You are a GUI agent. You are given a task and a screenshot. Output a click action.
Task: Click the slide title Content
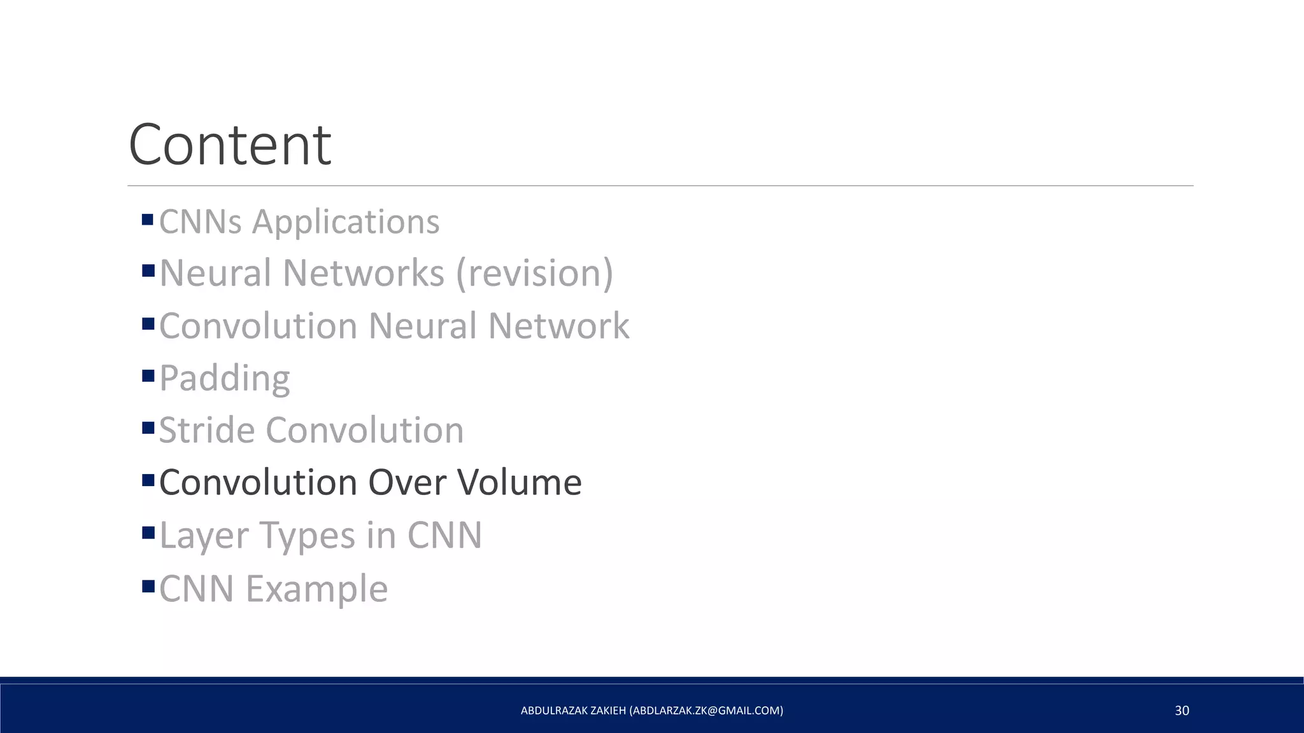click(x=229, y=145)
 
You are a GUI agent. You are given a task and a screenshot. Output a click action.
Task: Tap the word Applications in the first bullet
click(x=345, y=222)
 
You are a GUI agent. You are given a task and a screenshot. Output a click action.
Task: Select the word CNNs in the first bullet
click(x=201, y=222)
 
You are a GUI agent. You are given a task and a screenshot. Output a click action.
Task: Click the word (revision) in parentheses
click(x=534, y=274)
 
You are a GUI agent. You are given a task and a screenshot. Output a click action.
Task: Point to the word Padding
click(x=224, y=378)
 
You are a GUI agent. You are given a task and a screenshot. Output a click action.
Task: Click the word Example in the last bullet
click(x=316, y=589)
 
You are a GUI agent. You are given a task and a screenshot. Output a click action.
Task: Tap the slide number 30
click(x=1182, y=711)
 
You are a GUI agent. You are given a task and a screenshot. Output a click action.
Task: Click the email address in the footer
click(x=706, y=711)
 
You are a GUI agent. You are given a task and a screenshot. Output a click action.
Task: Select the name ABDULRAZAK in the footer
click(x=553, y=711)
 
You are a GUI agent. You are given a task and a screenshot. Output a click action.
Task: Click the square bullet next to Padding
click(x=148, y=375)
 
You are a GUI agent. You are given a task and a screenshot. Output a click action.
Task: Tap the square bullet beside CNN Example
click(x=148, y=586)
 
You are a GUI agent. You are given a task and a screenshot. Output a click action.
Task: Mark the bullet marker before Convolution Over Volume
click(x=148, y=480)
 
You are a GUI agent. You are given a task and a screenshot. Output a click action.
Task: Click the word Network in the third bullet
click(x=558, y=326)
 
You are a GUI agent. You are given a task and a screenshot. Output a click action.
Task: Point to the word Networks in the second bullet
click(x=363, y=274)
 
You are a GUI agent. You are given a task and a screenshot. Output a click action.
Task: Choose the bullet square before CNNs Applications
click(x=148, y=220)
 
